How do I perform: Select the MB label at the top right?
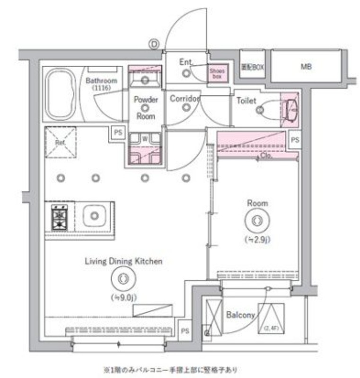coord(306,67)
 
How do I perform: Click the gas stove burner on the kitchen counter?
coord(60,217)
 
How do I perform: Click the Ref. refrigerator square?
coord(60,142)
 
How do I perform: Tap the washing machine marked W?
coord(145,139)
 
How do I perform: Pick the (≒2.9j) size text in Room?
coord(257,240)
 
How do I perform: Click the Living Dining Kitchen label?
coord(123,261)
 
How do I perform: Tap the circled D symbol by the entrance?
coord(154,44)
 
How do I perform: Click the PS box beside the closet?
coord(295,140)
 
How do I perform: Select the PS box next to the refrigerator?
coord(117,133)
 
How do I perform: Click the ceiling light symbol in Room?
coord(257,221)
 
